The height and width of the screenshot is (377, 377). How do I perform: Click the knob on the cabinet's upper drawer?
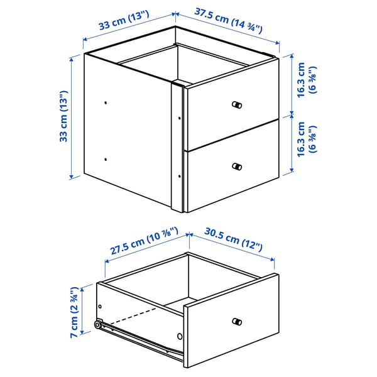tap(237, 105)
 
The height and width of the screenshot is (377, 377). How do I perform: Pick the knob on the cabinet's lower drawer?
tap(237, 167)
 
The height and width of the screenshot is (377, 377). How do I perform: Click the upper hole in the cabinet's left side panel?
tap(106, 102)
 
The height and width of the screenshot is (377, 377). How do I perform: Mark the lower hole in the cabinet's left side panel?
tap(106, 159)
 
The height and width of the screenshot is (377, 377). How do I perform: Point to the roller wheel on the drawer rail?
tap(99, 325)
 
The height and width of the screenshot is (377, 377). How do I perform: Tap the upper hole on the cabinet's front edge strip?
tap(180, 116)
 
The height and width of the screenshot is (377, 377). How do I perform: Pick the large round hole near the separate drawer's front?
tap(180, 337)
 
